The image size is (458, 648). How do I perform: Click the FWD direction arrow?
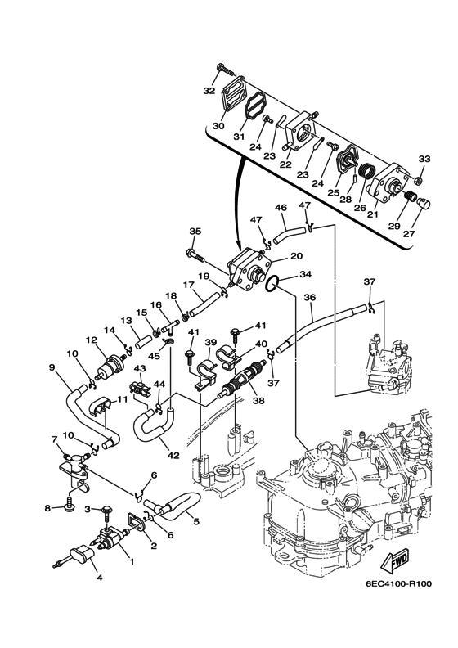394,562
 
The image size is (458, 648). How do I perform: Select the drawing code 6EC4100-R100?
397,584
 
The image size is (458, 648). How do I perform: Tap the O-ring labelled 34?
271,285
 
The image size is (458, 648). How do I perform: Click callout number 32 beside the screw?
209,91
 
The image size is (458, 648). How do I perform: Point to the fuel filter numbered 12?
110,365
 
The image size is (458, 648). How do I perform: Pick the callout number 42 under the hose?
173,455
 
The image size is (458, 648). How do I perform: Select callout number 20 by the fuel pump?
297,256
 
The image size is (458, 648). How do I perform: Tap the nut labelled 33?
418,180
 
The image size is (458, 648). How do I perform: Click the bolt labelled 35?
196,255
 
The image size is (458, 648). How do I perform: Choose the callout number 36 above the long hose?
309,297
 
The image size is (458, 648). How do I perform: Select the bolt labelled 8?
69,504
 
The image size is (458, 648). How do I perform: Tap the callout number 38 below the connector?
259,400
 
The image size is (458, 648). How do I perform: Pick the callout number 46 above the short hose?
281,207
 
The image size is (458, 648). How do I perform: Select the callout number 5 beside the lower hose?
195,521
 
